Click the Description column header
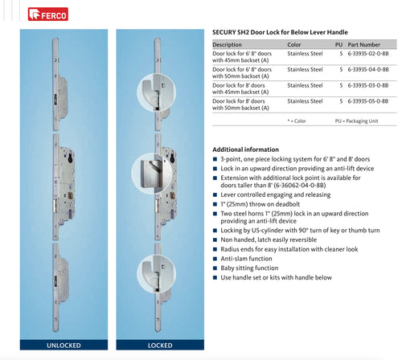[227, 45]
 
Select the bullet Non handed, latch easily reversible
[270, 239]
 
